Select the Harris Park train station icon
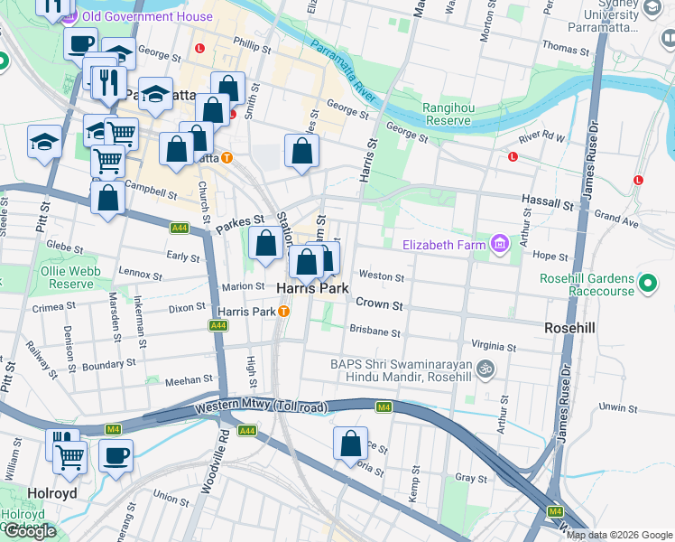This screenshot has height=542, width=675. [283, 312]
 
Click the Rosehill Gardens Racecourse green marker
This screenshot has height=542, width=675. [647, 284]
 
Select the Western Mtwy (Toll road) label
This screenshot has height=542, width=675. [260, 409]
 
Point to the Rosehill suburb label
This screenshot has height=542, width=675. [570, 327]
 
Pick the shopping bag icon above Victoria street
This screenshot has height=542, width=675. [351, 444]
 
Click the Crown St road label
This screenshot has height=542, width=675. [379, 304]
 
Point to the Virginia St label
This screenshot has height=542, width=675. [493, 346]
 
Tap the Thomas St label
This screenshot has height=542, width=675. [565, 47]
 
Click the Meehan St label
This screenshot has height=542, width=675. [188, 379]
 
